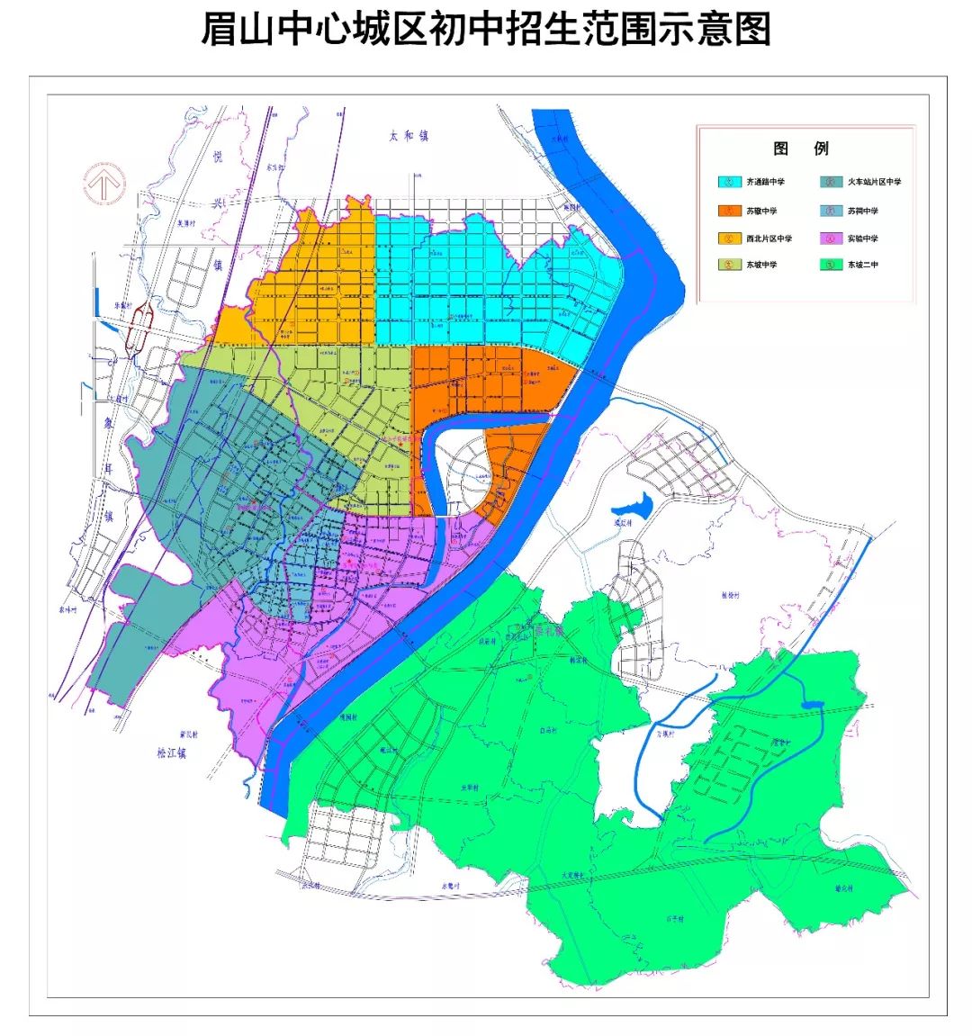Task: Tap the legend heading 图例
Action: point(800,149)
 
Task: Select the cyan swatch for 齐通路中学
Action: point(728,182)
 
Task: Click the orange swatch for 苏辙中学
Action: point(728,211)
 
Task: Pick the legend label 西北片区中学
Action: point(769,239)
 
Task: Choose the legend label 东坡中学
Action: point(760,266)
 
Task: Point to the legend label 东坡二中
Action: point(862,266)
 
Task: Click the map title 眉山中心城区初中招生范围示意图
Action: point(485,30)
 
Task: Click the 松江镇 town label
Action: point(169,754)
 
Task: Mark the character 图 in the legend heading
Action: point(780,149)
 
